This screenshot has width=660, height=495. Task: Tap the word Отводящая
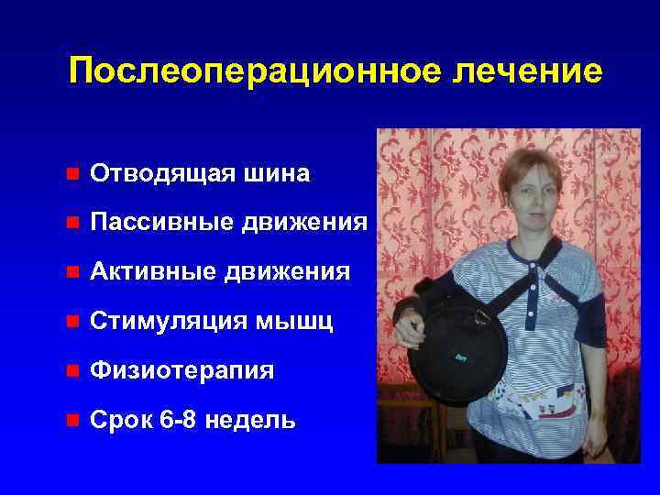point(158,173)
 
